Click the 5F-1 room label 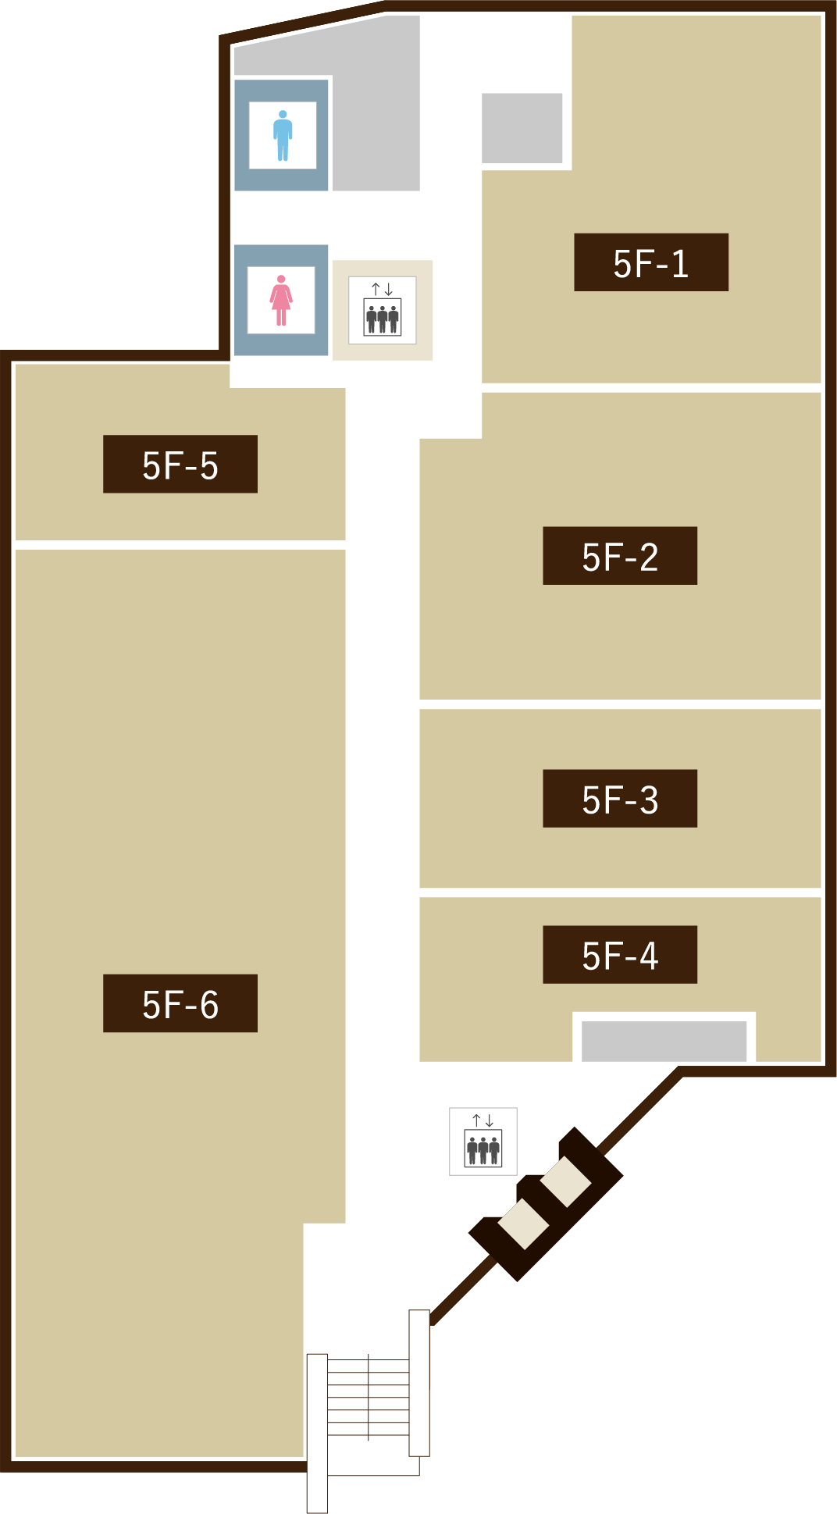tap(651, 262)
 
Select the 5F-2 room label tap(620, 556)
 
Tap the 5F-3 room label tap(620, 799)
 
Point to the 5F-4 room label tap(620, 955)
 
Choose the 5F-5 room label tap(180, 464)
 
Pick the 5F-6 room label tap(180, 1003)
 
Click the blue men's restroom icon tap(283, 135)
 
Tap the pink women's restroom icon tap(281, 301)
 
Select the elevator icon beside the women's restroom tap(383, 310)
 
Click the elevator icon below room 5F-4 tap(483, 1142)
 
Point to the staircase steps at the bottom tap(368, 1398)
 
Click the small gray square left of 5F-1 tap(522, 128)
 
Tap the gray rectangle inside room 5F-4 tap(664, 1041)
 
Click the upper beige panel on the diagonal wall tap(566, 1181)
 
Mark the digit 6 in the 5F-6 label tap(209, 1005)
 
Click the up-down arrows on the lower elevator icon tap(483, 1120)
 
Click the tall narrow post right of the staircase tap(419, 1383)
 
